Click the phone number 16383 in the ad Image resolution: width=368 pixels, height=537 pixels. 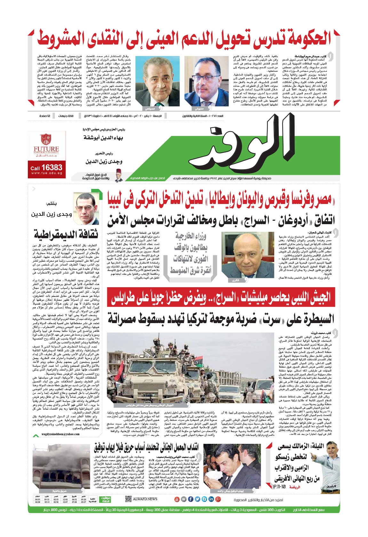pos(51,167)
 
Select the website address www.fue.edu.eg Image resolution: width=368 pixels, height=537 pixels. pos(46,173)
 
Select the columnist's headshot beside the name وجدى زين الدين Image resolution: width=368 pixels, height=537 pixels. pos(87,208)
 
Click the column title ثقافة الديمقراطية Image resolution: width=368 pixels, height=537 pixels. pos(66,234)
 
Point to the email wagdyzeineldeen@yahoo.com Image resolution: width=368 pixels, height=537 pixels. pos(60,435)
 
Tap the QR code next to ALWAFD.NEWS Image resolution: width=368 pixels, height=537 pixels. pos(128,499)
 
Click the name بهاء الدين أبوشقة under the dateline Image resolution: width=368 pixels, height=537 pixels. pos(103,138)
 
